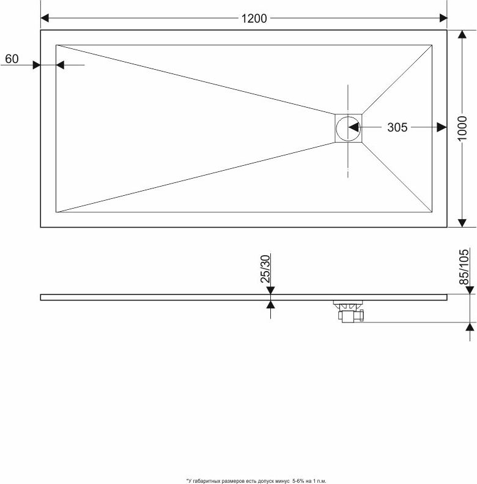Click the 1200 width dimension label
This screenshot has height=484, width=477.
point(254,18)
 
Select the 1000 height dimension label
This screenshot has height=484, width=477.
point(462,128)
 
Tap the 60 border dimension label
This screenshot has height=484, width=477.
point(12,59)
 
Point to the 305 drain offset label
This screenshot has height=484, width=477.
point(397,127)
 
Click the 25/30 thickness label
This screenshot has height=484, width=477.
point(265,269)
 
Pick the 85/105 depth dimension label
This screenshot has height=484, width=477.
point(464,267)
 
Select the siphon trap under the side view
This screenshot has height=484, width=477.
point(349,311)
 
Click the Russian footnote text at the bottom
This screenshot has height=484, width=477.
point(256,481)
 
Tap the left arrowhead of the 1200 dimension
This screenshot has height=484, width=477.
point(45,18)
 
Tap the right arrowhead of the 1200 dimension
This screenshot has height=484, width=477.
point(443,18)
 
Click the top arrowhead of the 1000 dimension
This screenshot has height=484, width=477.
point(462,34)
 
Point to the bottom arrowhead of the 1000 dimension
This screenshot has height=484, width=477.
point(462,223)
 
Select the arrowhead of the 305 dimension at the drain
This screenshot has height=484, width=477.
point(353,127)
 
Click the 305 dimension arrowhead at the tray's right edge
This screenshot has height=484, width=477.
point(442,127)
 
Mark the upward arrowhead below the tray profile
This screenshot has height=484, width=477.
point(270,305)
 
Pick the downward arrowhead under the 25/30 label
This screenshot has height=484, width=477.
point(270,290)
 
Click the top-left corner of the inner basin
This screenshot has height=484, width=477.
point(56,45)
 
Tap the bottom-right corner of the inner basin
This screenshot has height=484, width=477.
point(432,212)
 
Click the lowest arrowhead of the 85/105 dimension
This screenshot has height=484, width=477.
point(470,327)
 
